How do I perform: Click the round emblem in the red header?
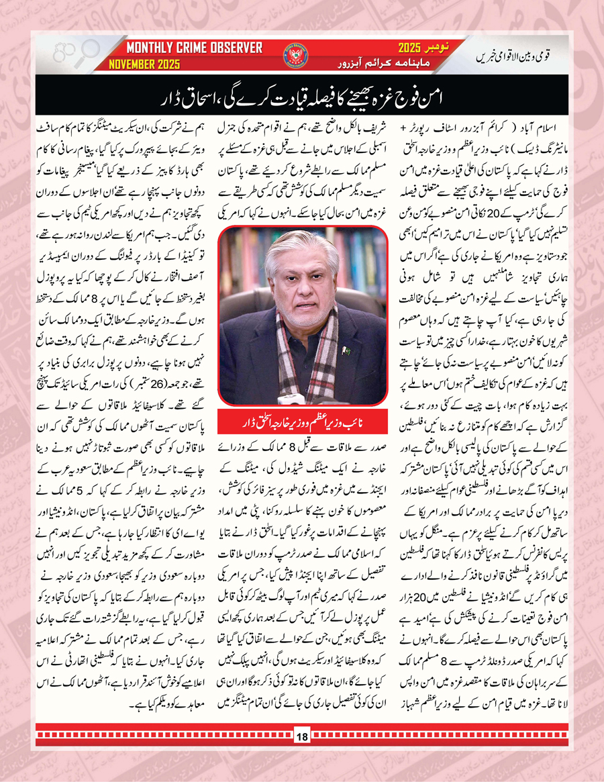tap(295, 56)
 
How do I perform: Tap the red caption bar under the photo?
tap(303, 424)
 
